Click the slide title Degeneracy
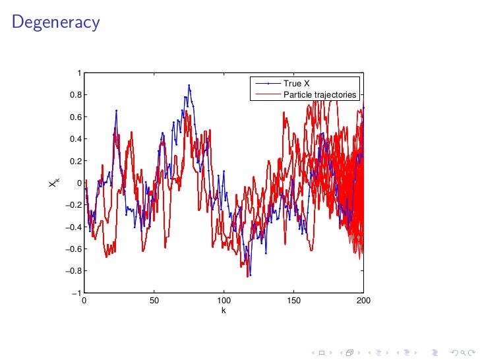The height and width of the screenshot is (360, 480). (x=56, y=22)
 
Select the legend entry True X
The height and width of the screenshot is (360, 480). (x=296, y=84)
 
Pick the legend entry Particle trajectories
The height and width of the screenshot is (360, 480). (x=320, y=94)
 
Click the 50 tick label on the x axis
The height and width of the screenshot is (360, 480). (x=154, y=300)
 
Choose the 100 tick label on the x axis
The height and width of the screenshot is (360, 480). (x=224, y=300)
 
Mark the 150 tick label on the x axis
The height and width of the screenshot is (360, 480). (x=293, y=300)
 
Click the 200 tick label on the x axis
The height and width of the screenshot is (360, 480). (x=363, y=300)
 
